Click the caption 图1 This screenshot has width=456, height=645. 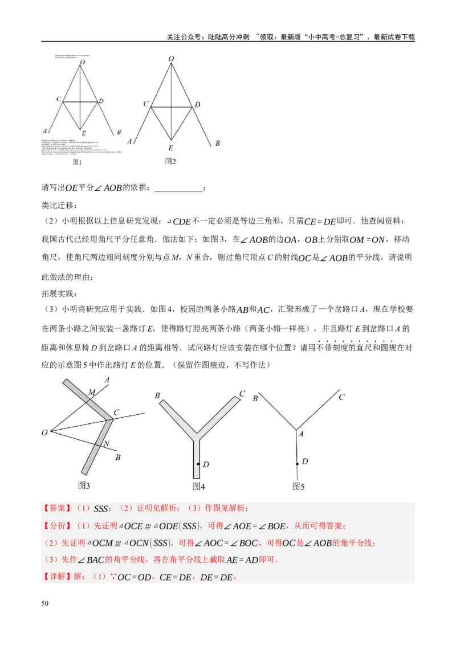(x=78, y=162)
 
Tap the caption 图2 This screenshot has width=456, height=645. (x=170, y=161)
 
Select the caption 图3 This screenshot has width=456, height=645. (x=84, y=485)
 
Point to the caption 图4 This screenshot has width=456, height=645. (x=199, y=486)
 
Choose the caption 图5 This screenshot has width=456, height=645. (x=299, y=486)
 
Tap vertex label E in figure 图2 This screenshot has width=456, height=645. (x=170, y=147)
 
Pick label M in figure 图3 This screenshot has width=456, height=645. (x=91, y=393)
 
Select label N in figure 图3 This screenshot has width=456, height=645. (x=106, y=443)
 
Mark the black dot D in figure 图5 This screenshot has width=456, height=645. (x=297, y=464)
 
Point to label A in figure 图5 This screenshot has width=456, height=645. (x=301, y=434)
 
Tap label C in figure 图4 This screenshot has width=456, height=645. (x=242, y=394)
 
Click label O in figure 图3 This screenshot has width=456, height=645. (x=44, y=433)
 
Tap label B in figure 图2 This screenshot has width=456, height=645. (x=217, y=143)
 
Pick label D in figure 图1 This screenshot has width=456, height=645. (x=101, y=101)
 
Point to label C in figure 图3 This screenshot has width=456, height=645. (x=116, y=413)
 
